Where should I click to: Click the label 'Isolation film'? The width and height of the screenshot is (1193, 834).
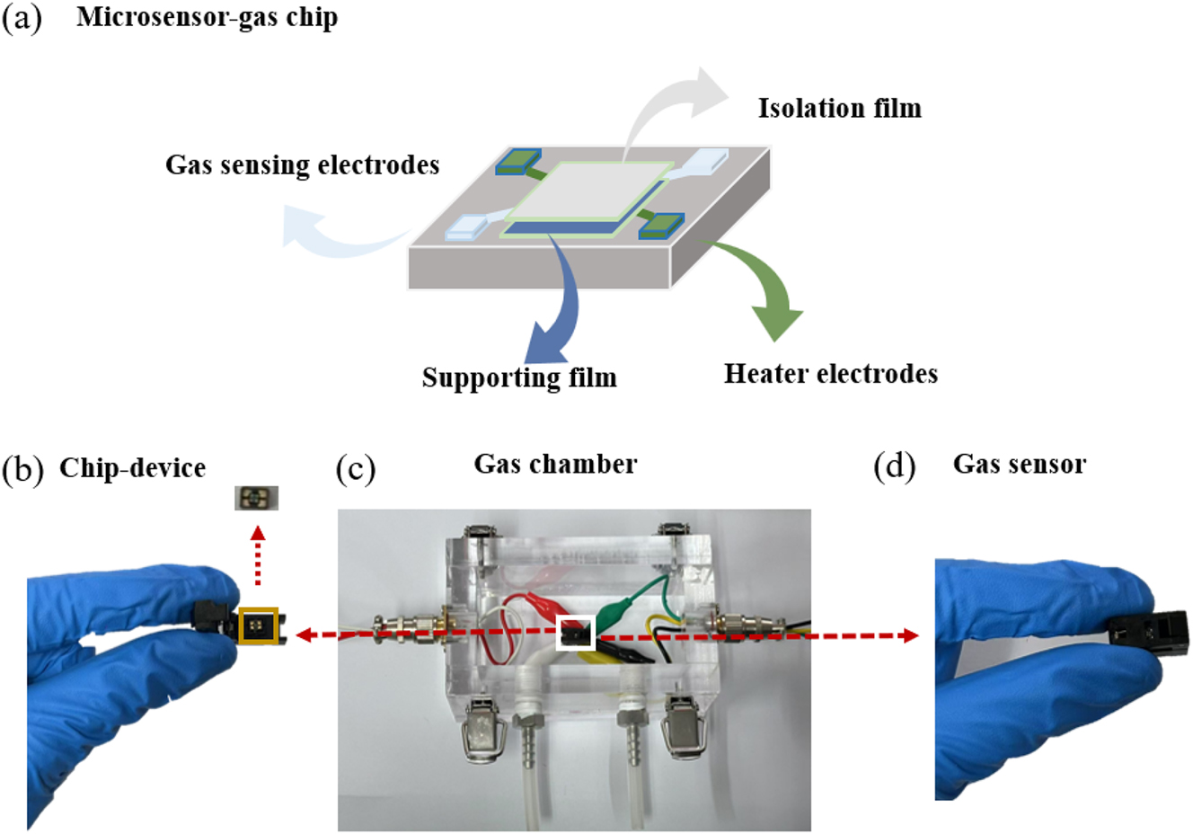tap(839, 109)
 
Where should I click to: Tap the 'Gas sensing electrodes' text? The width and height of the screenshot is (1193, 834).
tap(302, 165)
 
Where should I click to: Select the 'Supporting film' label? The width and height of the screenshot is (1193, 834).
tap(519, 377)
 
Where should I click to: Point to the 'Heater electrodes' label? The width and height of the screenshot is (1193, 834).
tap(831, 374)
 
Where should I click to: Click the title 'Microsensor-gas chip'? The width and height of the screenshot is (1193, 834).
tap(207, 18)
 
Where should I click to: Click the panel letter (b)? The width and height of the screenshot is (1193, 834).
tap(23, 469)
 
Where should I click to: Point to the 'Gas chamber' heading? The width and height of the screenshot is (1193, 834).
tap(555, 465)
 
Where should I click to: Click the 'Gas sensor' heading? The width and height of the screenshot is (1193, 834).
tap(1019, 465)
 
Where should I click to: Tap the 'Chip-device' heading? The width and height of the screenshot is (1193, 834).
tap(132, 468)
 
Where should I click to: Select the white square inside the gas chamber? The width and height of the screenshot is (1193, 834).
tap(576, 633)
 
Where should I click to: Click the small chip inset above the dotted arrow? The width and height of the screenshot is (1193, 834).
tap(257, 498)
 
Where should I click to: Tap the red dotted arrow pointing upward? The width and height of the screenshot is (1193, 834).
tap(258, 557)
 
